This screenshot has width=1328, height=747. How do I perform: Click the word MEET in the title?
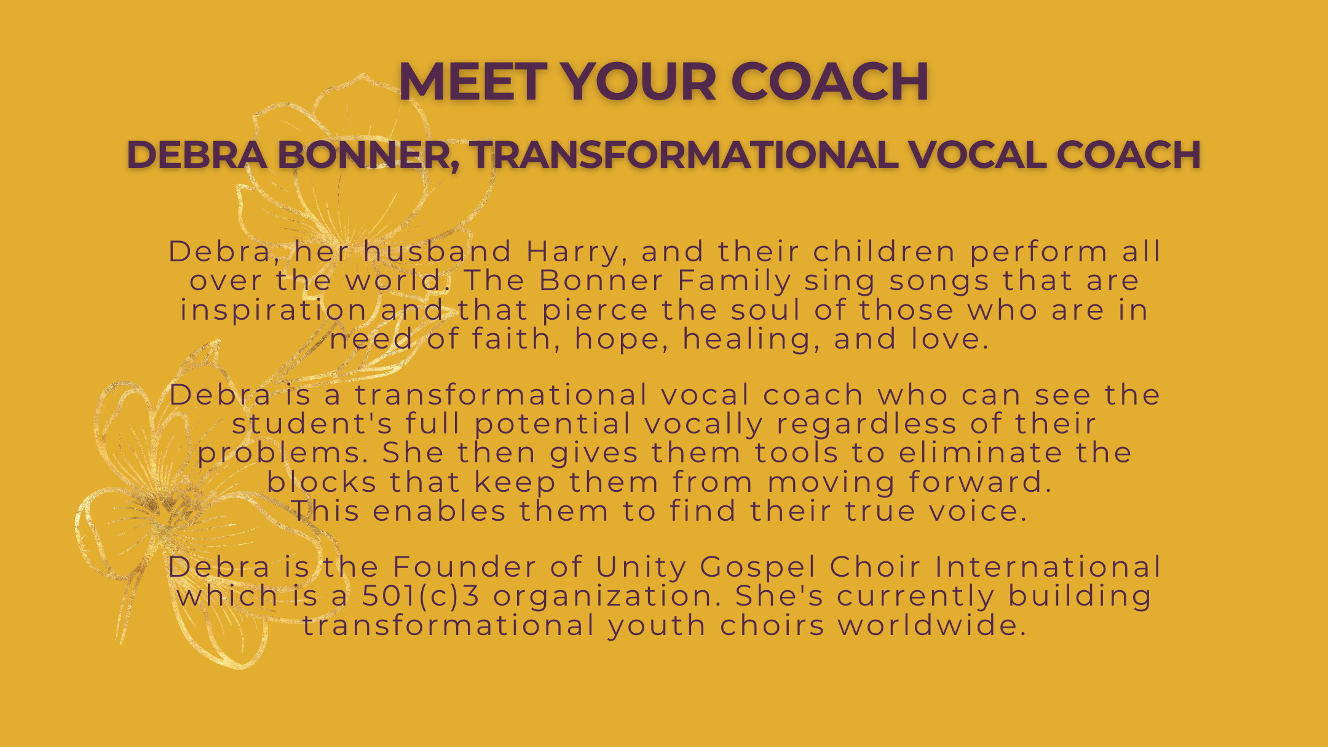[x=473, y=82]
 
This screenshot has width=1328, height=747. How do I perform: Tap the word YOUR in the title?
[x=639, y=82]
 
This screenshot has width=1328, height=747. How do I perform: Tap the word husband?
[x=437, y=251]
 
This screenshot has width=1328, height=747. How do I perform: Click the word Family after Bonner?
[x=734, y=281]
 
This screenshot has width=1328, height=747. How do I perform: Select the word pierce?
[x=595, y=310]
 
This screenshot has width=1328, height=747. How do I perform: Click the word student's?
[x=312, y=424]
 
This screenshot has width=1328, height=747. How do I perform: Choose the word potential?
[x=553, y=424]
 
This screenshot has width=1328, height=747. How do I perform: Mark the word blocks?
[x=322, y=482]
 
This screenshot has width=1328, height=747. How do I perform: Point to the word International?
[x=1048, y=567]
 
